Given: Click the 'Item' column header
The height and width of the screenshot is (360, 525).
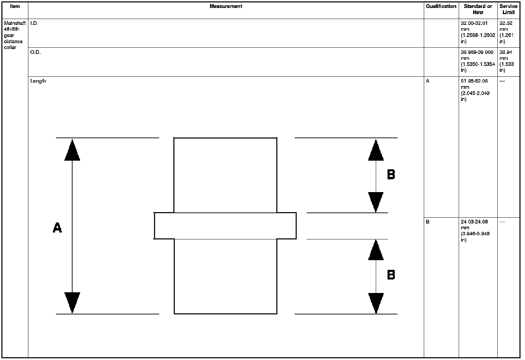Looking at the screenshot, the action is [15, 6].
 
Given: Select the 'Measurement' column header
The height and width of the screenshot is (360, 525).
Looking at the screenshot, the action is [226, 6].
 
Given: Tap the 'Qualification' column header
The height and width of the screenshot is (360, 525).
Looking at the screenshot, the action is [441, 6].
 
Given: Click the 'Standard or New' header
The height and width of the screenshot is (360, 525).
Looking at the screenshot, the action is [478, 9].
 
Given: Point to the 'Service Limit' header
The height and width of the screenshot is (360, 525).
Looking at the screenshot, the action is [508, 9].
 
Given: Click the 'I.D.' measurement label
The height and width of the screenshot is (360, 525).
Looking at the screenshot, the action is [34, 23].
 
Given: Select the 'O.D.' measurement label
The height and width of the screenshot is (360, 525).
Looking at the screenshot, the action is [35, 52].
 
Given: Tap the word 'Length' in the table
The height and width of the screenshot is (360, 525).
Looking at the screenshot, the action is [38, 81].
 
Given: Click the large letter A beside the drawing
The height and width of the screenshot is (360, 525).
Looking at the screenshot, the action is [57, 228].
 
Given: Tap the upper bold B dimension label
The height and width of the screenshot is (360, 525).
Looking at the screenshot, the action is [391, 174].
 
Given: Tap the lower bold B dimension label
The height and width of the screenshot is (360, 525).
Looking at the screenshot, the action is [391, 275].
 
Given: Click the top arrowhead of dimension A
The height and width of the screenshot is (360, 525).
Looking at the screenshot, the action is [72, 151].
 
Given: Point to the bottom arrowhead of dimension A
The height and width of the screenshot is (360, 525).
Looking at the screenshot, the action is [72, 302].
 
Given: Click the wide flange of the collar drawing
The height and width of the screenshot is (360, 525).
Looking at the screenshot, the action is [225, 226].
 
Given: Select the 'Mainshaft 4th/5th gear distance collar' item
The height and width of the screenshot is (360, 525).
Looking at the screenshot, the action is [15, 35].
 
